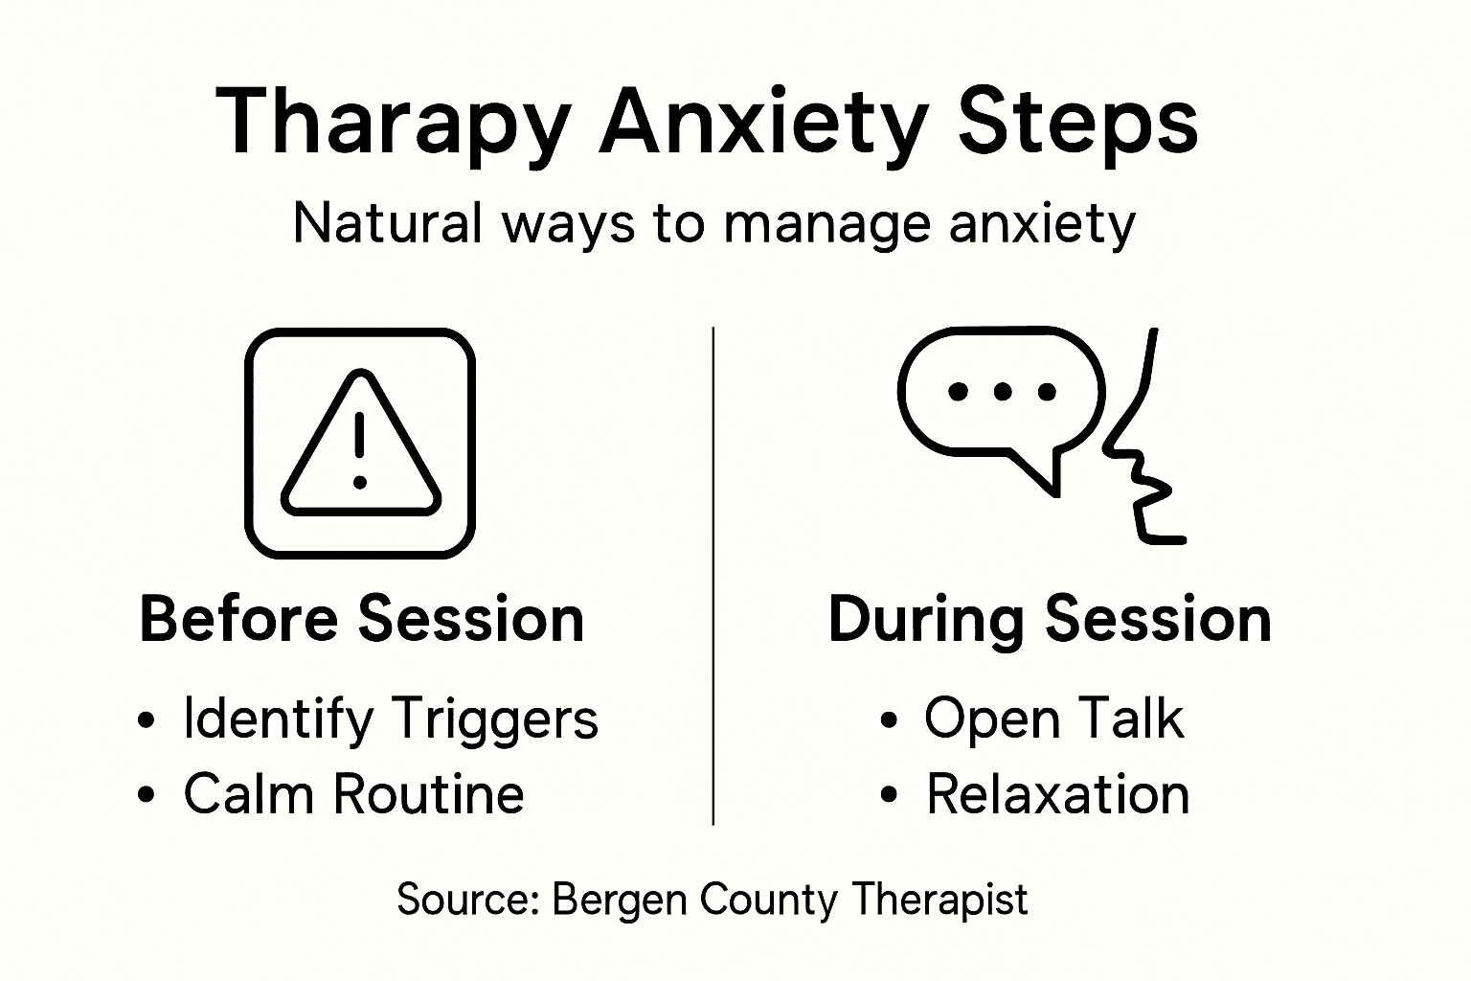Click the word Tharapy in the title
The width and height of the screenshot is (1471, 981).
(394, 124)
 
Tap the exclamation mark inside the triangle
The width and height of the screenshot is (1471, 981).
(360, 447)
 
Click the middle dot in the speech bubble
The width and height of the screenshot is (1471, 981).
(1002, 391)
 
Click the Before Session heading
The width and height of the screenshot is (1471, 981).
(361, 619)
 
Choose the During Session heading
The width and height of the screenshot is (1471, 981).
(1049, 619)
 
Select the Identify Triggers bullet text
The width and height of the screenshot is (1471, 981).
(391, 719)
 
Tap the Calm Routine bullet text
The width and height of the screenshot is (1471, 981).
(353, 793)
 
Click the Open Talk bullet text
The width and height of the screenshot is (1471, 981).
(1053, 719)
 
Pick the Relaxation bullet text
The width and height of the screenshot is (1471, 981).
(1057, 793)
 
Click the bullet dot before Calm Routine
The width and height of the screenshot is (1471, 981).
(147, 794)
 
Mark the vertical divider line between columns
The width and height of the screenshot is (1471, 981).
(713, 575)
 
